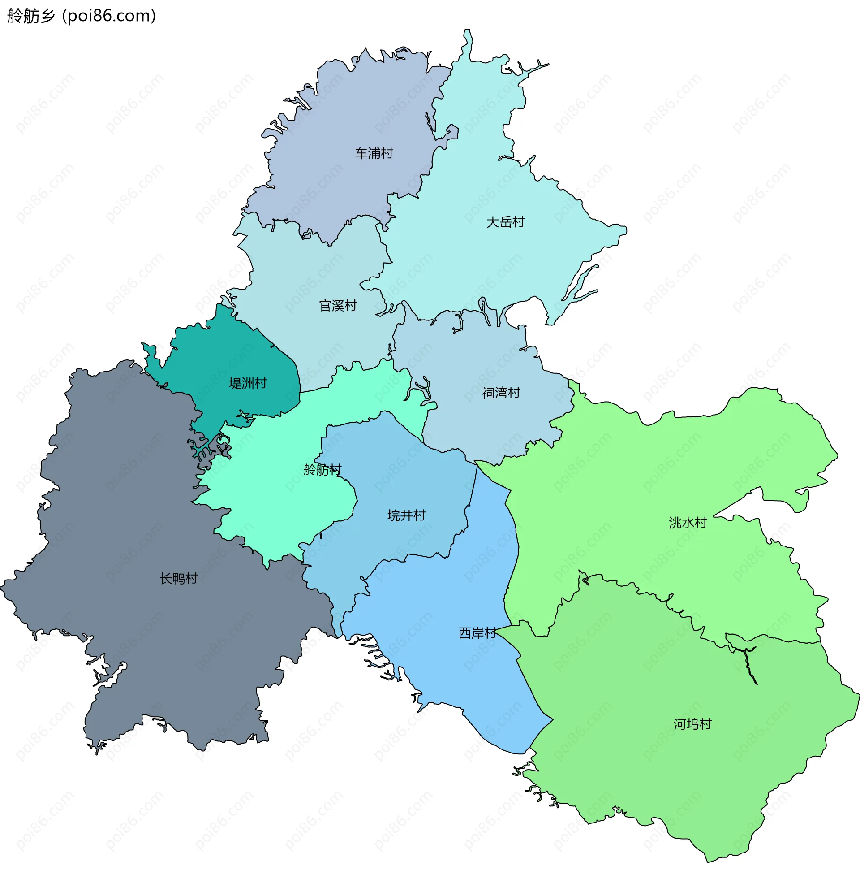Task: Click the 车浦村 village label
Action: pos(374,153)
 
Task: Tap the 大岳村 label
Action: pos(505,222)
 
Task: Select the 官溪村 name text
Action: pos(337,306)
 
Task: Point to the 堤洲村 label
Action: pos(247,383)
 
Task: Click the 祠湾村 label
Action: pos(501,393)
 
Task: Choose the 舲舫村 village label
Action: pos(322,470)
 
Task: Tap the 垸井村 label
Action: pos(406,515)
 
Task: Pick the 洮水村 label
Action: pos(687,523)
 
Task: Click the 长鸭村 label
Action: pos(178,578)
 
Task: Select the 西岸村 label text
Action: pos(477,633)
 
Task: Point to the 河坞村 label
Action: pos(692,724)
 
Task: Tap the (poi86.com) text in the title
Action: pos(109,16)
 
